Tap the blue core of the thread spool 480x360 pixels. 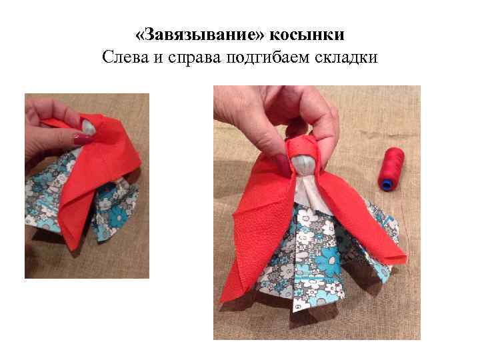[x=386, y=183]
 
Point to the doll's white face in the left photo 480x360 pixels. [x=91, y=126]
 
